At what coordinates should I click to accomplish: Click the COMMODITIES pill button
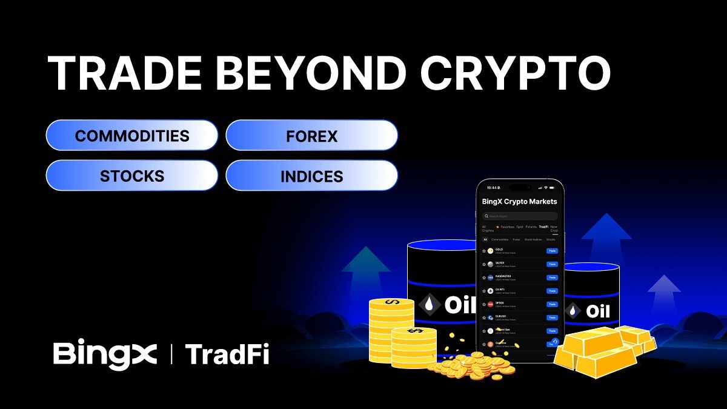coord(132,135)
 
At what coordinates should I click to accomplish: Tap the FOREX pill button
coord(311,135)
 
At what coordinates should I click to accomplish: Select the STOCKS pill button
coord(132,176)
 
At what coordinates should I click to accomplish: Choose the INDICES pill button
coord(311,176)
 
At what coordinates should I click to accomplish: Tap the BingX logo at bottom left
coord(105,354)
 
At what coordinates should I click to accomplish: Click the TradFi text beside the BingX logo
coord(227,354)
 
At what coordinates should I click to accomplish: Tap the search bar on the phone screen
coord(520,216)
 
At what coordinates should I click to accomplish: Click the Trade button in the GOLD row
coord(552,250)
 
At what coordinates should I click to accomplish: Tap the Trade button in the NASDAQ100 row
coord(552,278)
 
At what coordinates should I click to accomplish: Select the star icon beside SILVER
coord(484,264)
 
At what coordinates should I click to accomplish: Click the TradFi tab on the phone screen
coord(543,227)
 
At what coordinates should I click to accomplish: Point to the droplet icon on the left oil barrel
coord(429,305)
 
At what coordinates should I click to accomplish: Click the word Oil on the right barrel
coord(597,312)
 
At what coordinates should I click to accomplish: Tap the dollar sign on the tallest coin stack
coord(392,302)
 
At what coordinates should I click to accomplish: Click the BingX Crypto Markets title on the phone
coord(519,201)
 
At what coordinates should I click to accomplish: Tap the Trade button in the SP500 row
coord(552,304)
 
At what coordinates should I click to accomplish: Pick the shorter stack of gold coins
coord(414,347)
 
